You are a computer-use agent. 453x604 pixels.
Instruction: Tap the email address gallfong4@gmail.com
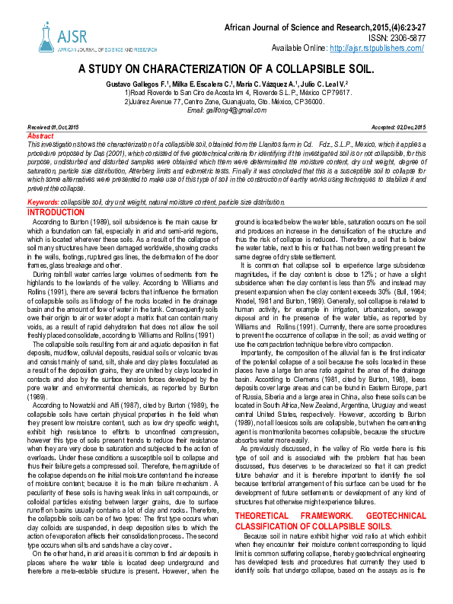tap(221, 110)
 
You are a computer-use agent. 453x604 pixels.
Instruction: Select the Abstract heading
tap(40, 134)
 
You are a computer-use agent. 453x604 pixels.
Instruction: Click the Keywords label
tap(43, 202)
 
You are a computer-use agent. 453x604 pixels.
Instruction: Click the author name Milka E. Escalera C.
tap(196, 81)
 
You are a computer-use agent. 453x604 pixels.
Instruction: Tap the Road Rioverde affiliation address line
tap(226, 92)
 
